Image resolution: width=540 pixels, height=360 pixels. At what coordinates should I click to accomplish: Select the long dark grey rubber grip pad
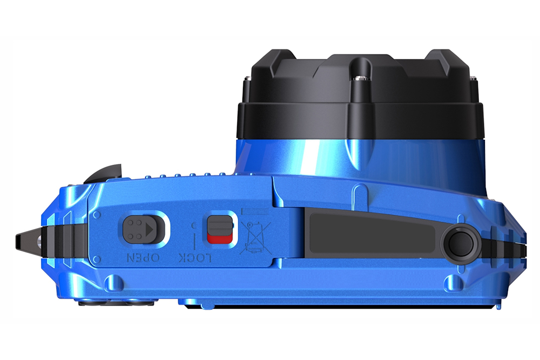(373, 232)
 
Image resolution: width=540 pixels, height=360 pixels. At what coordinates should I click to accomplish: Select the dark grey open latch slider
(141, 229)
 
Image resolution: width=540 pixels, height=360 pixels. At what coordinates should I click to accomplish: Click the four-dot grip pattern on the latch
(134, 229)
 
